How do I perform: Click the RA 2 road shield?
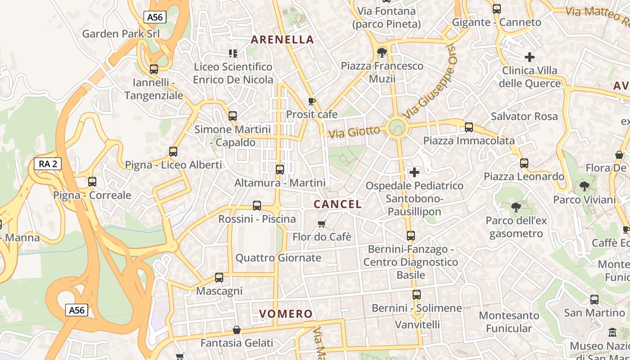click(x=48, y=164)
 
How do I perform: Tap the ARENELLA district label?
click(x=282, y=40)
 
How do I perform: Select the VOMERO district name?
click(x=286, y=314)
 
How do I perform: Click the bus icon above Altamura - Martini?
click(x=280, y=170)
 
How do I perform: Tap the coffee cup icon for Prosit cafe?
click(x=311, y=101)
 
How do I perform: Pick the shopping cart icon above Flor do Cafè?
click(x=321, y=224)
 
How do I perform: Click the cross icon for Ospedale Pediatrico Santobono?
click(x=414, y=172)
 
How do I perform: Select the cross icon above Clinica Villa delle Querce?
click(x=530, y=57)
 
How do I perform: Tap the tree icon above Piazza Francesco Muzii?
click(x=382, y=53)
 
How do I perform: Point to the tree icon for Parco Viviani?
click(x=584, y=186)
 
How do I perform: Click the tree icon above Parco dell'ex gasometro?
click(x=516, y=207)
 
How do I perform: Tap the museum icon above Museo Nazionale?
click(x=612, y=333)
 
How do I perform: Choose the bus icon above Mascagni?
click(x=219, y=278)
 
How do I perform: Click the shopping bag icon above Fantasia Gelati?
click(x=237, y=330)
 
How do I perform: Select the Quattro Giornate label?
click(x=278, y=258)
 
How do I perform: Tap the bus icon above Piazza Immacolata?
click(x=469, y=127)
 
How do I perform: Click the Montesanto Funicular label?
click(x=509, y=322)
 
